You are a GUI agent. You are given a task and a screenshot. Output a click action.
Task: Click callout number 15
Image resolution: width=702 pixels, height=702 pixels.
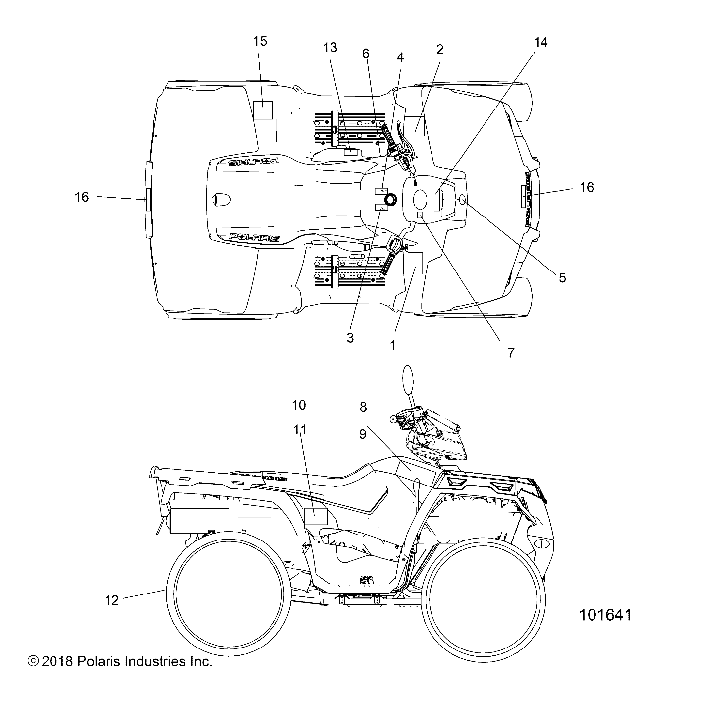[260, 41]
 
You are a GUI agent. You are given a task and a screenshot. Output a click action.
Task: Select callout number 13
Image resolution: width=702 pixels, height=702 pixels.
[330, 48]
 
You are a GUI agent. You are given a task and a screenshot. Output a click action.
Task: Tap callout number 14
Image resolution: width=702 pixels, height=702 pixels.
[541, 42]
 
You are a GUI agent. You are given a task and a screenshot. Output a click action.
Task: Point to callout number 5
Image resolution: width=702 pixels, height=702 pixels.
[562, 277]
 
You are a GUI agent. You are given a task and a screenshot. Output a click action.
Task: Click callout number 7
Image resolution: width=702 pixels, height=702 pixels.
[511, 352]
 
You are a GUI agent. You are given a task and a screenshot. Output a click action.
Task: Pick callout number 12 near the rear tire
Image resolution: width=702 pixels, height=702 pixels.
[112, 600]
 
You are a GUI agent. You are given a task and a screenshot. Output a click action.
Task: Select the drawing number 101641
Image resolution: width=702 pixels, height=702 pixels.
[605, 615]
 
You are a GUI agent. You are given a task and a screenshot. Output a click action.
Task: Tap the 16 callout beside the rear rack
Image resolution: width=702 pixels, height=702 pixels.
[82, 197]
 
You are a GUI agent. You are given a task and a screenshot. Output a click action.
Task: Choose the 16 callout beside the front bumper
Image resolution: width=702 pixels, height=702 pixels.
[587, 187]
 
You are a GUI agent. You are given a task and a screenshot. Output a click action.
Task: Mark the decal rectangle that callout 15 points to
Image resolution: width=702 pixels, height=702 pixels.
[263, 110]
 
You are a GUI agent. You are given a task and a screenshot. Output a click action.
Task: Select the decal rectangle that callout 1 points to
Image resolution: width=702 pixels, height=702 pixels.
[414, 263]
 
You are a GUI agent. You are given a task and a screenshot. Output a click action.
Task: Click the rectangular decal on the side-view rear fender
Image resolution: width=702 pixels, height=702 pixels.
[316, 517]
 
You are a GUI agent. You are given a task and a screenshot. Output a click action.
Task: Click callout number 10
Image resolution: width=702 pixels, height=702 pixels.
[299, 405]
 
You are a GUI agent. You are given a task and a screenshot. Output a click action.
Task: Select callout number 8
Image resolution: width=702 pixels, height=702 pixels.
[363, 407]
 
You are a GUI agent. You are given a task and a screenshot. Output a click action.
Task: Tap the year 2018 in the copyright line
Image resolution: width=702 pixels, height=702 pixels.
[57, 661]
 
